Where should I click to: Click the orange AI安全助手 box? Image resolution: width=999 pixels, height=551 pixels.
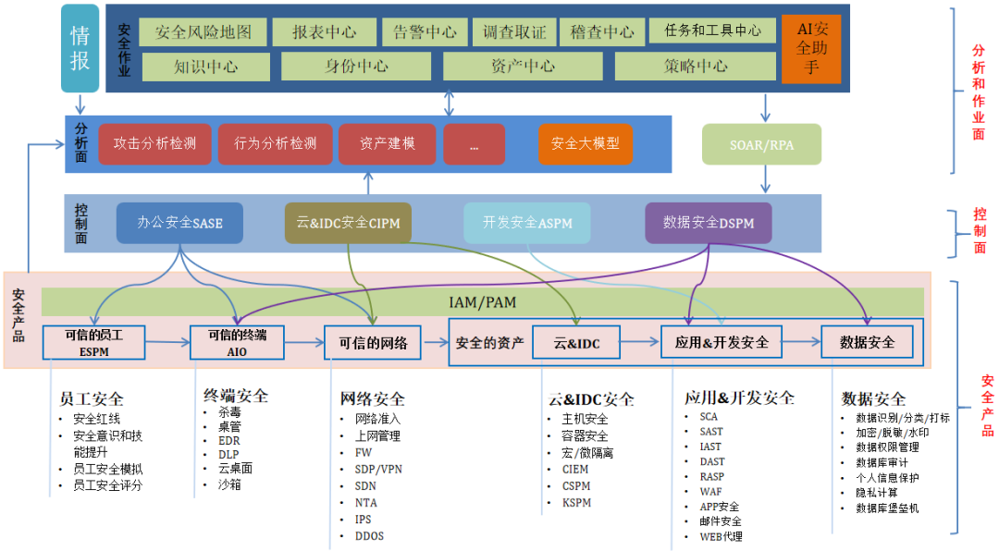coord(811,48)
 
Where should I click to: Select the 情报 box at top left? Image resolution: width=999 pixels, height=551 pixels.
coord(80,48)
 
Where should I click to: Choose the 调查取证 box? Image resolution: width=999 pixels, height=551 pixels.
coord(514,31)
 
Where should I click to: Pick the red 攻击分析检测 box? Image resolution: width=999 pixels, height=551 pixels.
coord(155,143)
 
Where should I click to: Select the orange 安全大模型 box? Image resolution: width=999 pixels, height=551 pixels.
coord(585,143)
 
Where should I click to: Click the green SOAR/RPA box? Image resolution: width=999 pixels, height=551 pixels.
coord(761,144)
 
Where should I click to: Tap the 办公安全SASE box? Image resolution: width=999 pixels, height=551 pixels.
coord(179,223)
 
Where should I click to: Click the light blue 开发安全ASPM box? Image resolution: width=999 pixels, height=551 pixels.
coord(527,223)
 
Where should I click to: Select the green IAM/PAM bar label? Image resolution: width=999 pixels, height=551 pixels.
coord(482,300)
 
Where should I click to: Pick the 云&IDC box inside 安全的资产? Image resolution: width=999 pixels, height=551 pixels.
coord(577,343)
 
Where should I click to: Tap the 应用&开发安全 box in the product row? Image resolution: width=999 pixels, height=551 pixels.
coord(721,342)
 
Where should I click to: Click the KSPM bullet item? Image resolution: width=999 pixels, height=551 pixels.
coord(576,503)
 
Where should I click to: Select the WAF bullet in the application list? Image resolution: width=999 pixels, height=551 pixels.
coord(711,492)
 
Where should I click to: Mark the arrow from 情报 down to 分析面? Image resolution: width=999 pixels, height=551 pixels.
coord(80,104)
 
